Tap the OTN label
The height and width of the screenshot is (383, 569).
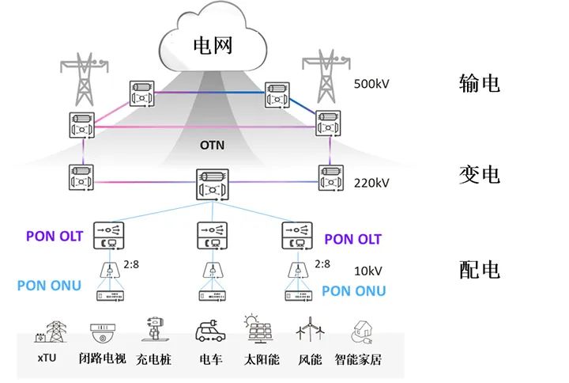pyautogui.click(x=213, y=146)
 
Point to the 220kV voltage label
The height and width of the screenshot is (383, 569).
pyautogui.click(x=372, y=183)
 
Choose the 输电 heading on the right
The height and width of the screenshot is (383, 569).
pyautogui.click(x=479, y=83)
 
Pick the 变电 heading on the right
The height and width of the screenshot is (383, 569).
pyautogui.click(x=479, y=174)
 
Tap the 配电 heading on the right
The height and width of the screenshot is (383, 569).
pyautogui.click(x=479, y=271)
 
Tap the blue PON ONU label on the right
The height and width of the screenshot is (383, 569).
pyautogui.click(x=353, y=291)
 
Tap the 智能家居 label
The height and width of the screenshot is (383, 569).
pyautogui.click(x=358, y=361)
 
